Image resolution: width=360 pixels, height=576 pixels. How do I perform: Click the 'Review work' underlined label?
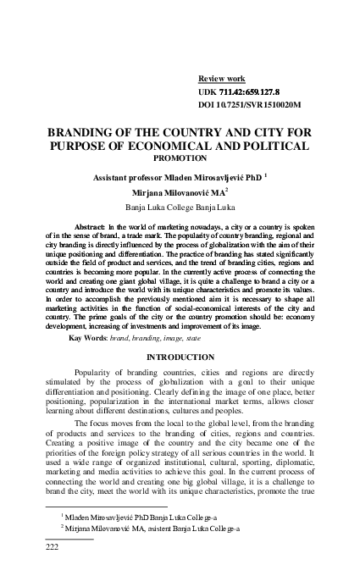(x=221, y=75)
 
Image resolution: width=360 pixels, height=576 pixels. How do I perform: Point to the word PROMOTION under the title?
(x=180, y=158)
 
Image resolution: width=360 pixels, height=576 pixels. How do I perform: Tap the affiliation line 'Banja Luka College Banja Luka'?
(x=180, y=206)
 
